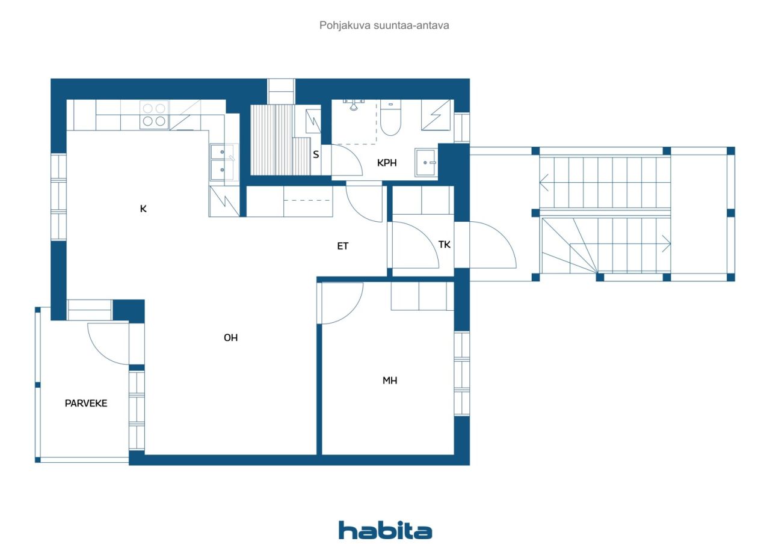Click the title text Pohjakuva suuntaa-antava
[384, 26]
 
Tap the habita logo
[385, 531]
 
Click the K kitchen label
[143, 209]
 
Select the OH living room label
[230, 338]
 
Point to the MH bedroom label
[390, 380]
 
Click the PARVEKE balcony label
[86, 403]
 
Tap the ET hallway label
[343, 246]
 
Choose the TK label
[445, 245]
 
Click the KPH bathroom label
[387, 163]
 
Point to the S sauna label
[316, 154]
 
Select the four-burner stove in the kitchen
[155, 115]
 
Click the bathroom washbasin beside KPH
[427, 162]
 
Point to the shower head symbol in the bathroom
[353, 105]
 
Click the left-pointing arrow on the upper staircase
[544, 182]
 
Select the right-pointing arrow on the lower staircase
[666, 244]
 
